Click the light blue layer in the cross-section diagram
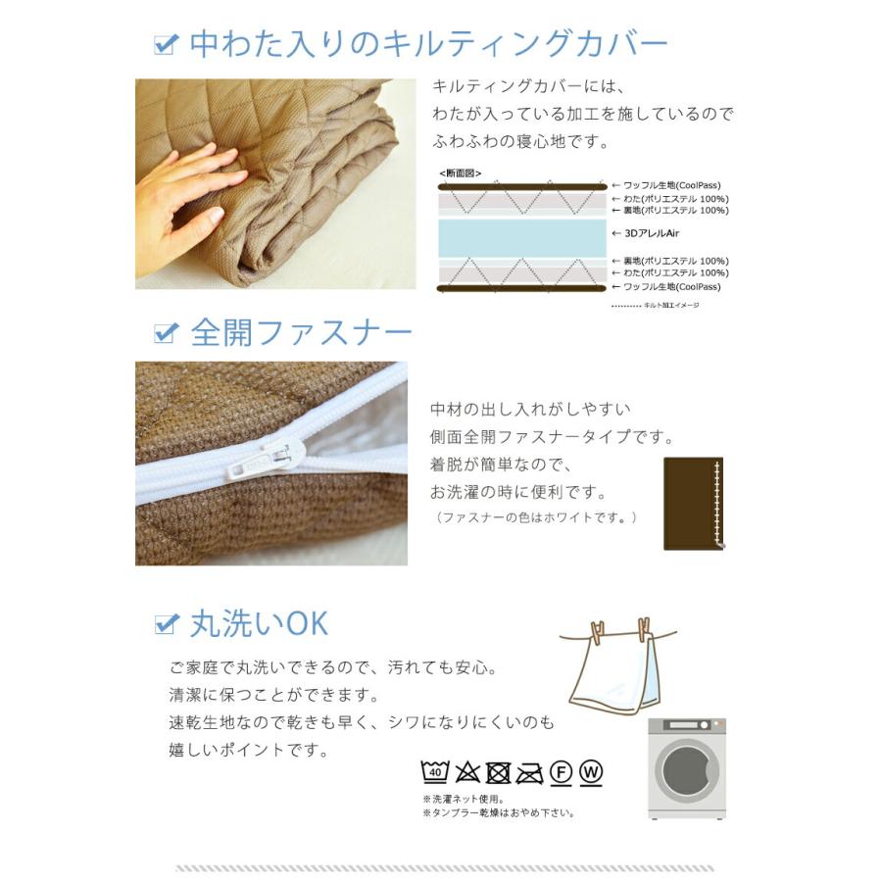[520, 235]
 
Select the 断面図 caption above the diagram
[461, 173]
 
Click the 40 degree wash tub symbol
[434, 772]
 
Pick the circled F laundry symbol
[561, 772]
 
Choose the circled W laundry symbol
[591, 772]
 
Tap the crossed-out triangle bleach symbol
[466, 772]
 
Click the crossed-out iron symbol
[529, 772]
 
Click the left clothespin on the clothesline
[599, 632]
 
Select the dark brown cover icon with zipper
[693, 502]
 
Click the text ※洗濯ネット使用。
[463, 799]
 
